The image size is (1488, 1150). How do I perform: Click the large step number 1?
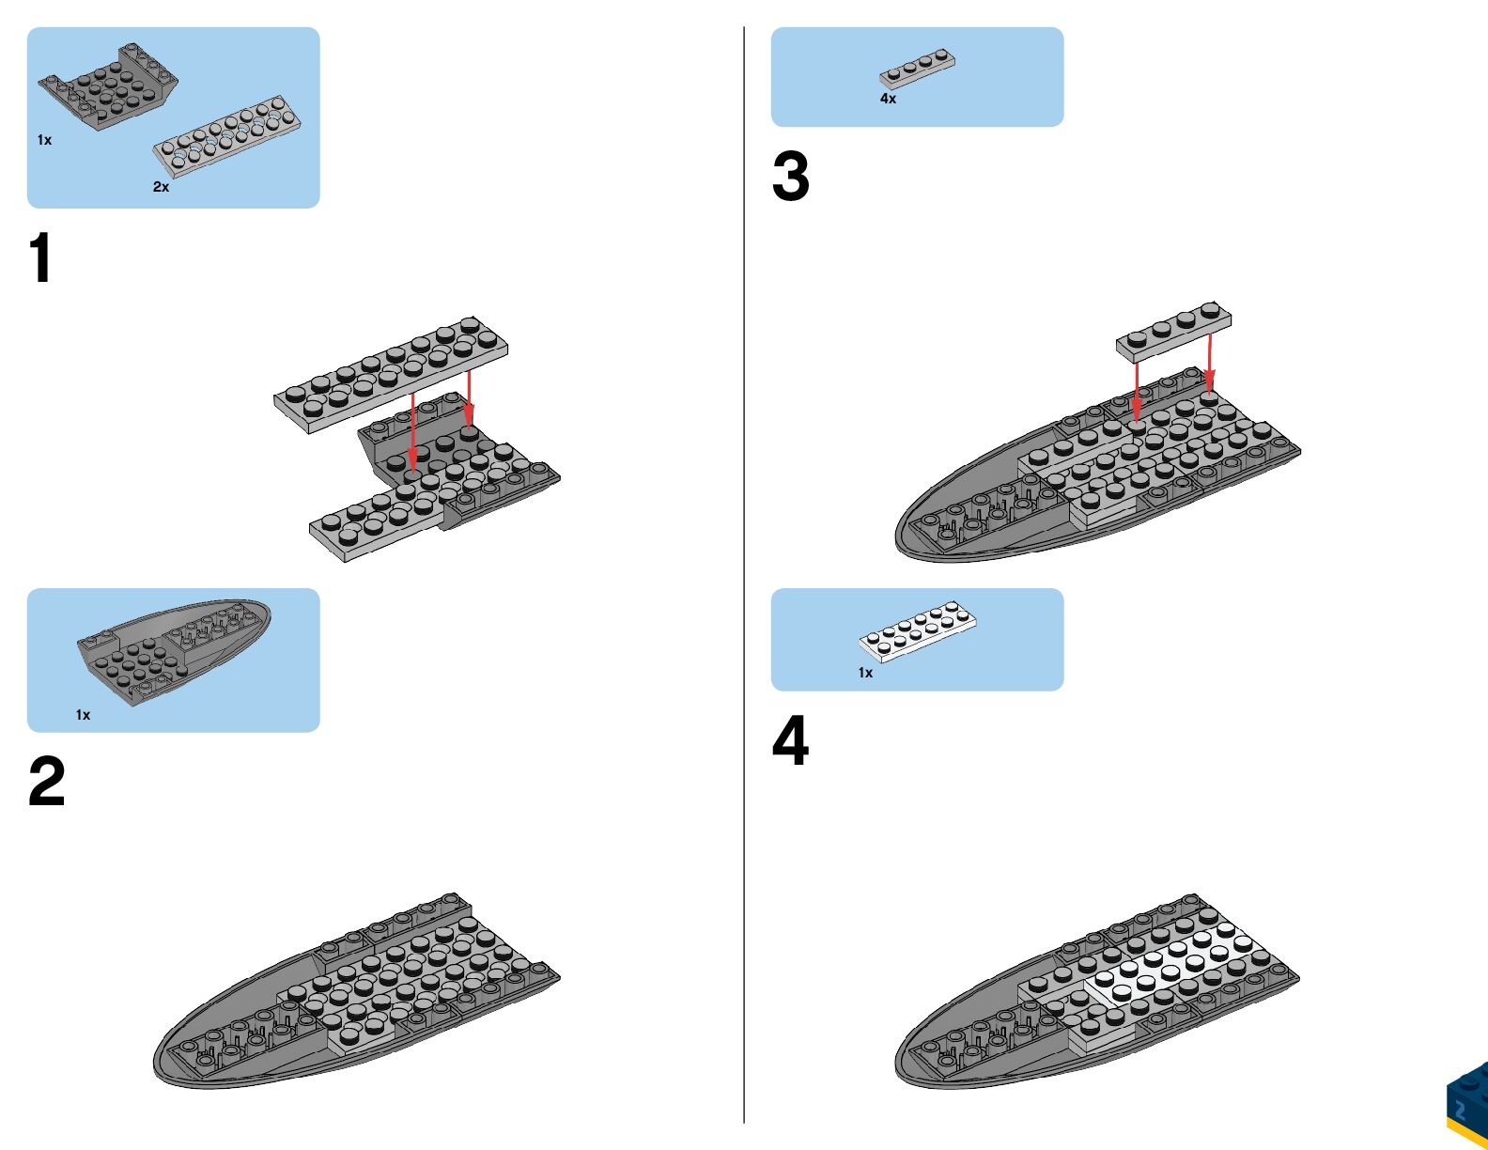coord(40,258)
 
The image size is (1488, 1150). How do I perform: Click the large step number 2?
coord(46,782)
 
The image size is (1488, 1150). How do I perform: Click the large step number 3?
coord(790,177)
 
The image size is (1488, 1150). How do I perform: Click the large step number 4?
coord(790,741)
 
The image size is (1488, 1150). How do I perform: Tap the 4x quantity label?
coord(888,99)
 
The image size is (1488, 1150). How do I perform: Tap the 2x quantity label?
coord(162,187)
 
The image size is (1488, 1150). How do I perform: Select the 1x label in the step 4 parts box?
coord(865,673)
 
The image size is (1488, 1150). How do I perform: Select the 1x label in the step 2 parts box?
coord(83,715)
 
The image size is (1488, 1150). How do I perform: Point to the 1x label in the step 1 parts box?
coord(44,140)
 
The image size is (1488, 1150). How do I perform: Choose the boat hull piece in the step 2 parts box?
coord(174,648)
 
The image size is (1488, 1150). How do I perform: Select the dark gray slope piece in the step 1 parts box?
coord(108,86)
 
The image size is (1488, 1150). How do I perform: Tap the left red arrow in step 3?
coord(1137,390)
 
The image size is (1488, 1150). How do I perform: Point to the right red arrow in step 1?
coord(469,399)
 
